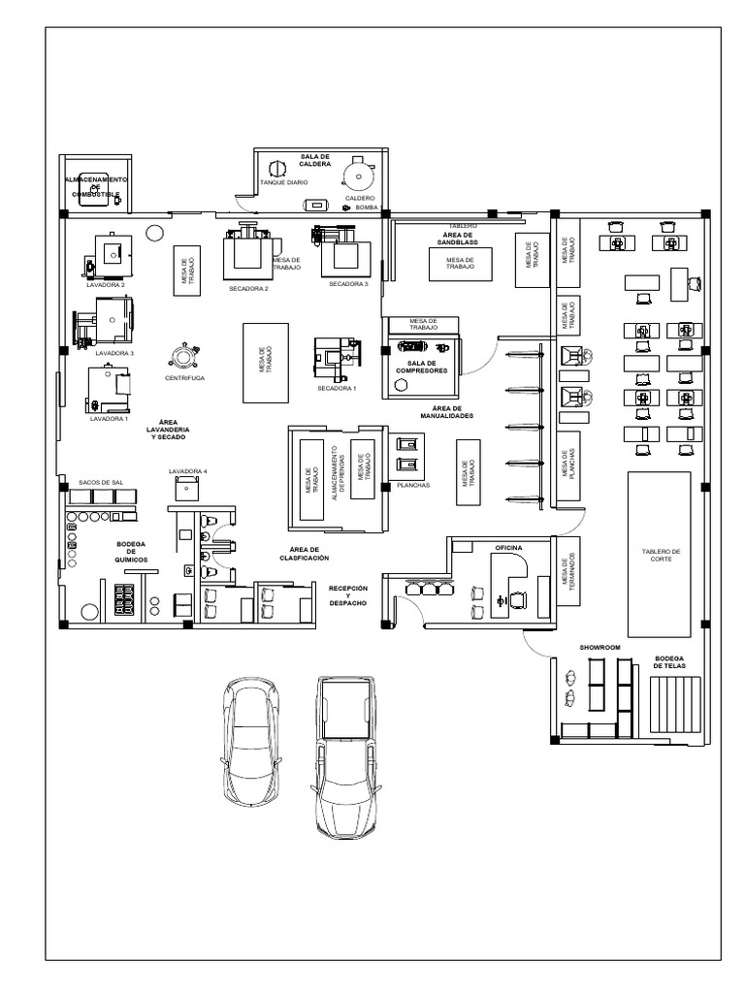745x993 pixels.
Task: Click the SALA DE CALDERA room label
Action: click(x=314, y=160)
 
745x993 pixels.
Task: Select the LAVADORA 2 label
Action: click(x=105, y=285)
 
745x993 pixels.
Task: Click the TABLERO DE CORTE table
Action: click(x=659, y=551)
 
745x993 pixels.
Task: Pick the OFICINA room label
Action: click(x=508, y=548)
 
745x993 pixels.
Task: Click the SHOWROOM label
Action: click(x=599, y=645)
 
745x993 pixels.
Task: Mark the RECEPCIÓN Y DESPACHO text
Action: click(x=347, y=594)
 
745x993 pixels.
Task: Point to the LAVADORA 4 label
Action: click(x=187, y=471)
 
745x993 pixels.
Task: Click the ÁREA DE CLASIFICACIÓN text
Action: click(x=304, y=555)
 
